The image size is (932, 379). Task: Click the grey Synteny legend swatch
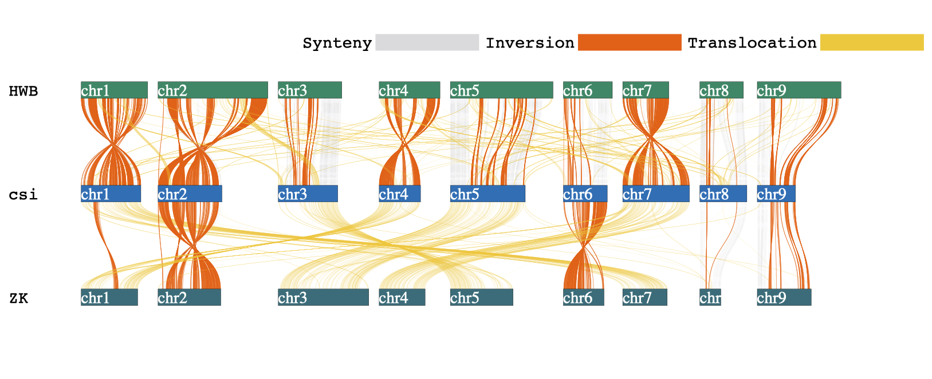point(427,42)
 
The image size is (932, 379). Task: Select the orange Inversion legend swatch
point(630,42)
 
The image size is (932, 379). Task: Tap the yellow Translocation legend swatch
point(871,42)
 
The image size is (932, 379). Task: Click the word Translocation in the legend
point(752,43)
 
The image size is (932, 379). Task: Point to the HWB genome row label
point(23,91)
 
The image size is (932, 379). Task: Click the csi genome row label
point(23,195)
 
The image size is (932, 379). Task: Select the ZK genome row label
point(19,298)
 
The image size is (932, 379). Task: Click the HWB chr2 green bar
point(213,90)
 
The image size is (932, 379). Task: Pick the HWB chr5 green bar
point(501,90)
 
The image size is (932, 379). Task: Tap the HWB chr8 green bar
point(721,90)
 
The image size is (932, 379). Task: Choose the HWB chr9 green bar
point(799,90)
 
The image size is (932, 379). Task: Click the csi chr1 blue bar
point(111,194)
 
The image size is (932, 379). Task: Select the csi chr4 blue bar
point(399,194)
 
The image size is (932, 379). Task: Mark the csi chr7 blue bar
point(656,194)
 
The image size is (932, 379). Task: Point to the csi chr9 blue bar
point(776,194)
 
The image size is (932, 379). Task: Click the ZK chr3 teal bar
point(323,297)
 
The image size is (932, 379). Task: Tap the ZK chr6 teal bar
point(583,297)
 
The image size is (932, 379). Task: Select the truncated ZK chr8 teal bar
point(710,297)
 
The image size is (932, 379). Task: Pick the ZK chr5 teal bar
point(481,297)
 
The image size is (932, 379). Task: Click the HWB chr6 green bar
point(587,90)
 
